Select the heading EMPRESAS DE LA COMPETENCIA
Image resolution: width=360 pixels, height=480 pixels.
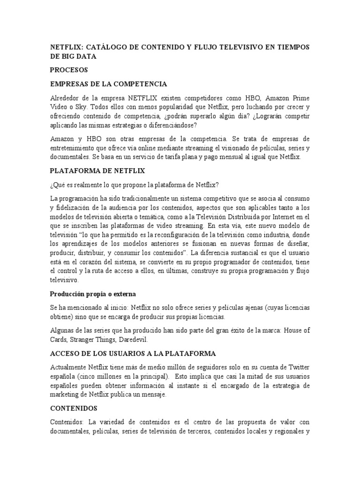pos(109,84)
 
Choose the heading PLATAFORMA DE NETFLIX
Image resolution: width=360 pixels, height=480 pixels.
pos(97,172)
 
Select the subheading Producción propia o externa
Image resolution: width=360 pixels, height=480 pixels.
pos(93,294)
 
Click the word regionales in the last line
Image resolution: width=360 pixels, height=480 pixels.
pos(285,431)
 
